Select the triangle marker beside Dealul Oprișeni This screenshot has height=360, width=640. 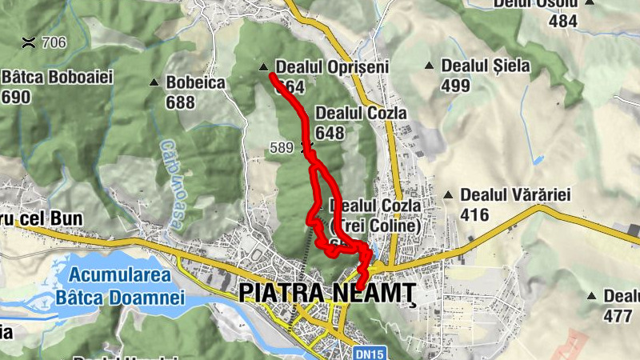point(264,67)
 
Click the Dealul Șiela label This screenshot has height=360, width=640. point(486,66)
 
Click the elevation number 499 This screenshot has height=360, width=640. point(455,85)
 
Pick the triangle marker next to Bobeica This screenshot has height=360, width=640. point(154,82)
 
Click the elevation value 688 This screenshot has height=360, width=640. point(181,102)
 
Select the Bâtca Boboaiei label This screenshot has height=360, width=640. point(58,78)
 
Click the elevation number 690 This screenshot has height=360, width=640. point(16,97)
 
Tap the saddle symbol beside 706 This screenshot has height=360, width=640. point(29,42)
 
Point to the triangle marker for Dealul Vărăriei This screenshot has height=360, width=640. point(450,194)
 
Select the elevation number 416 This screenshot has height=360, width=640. point(475,214)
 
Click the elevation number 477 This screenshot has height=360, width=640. point(618,315)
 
